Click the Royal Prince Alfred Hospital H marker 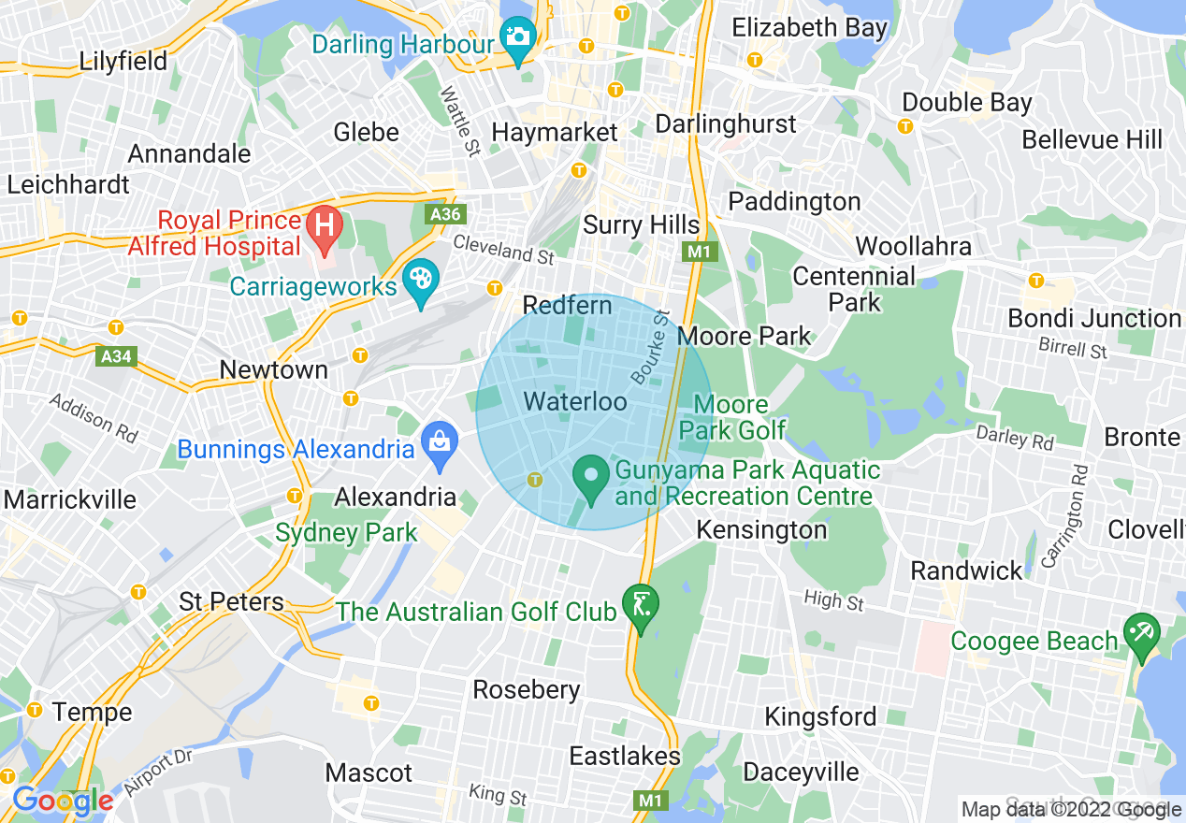coord(325,227)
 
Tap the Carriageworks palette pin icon coord(421,280)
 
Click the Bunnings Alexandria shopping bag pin coord(438,442)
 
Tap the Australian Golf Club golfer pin coord(641,604)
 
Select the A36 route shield coord(445,214)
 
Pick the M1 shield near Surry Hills coord(698,252)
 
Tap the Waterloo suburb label coord(574,402)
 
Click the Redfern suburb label coord(567,305)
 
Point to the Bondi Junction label coord(1094,318)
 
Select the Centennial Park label coord(854,289)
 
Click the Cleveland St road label coord(504,249)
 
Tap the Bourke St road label coord(651,347)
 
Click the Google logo coord(63,801)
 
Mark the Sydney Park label coord(346,533)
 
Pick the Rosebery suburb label coord(527,689)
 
